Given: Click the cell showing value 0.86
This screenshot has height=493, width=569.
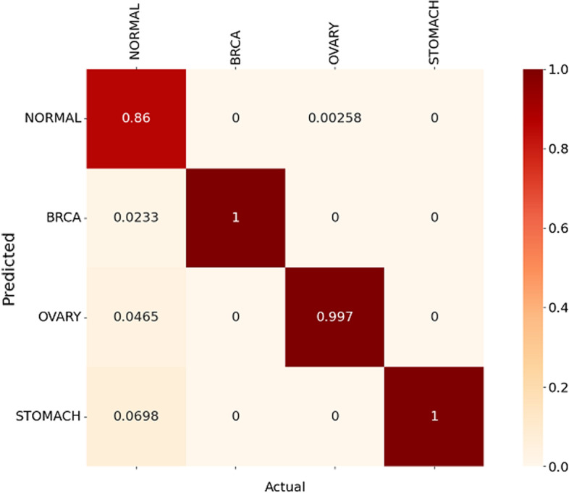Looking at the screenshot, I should [136, 118].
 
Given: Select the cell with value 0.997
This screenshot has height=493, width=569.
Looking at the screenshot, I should [334, 317].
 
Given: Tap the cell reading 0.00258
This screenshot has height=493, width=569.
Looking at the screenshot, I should [334, 118].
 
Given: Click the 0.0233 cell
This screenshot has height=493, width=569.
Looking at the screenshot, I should [136, 217].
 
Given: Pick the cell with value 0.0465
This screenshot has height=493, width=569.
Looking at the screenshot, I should [136, 317].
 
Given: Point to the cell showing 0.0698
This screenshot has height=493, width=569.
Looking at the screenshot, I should [136, 416].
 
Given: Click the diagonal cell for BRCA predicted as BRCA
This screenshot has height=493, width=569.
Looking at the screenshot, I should [235, 217].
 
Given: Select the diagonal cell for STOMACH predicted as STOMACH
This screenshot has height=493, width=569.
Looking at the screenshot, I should [434, 416].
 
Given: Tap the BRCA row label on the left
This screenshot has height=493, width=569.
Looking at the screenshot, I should [64, 217].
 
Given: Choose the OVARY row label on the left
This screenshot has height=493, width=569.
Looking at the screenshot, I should [60, 317].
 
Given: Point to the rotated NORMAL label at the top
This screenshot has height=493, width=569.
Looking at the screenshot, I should [135, 33].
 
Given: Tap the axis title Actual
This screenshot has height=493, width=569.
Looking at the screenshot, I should [284, 484].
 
